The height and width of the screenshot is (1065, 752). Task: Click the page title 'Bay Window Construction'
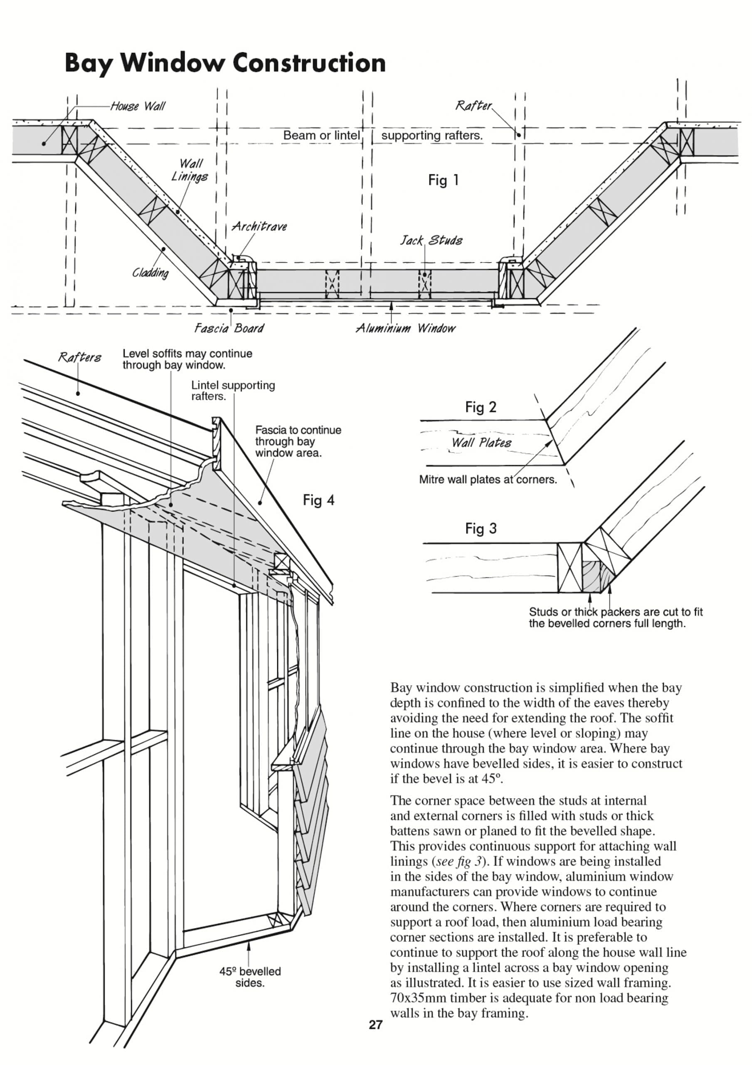(225, 63)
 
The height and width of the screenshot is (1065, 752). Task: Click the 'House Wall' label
(138, 106)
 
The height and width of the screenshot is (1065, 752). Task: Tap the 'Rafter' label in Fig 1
(473, 106)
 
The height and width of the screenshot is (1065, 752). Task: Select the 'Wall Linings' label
(190, 170)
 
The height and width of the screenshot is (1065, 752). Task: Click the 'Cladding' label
(150, 272)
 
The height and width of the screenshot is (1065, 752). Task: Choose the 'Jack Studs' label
(431, 240)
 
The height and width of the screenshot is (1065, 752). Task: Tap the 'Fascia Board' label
(229, 328)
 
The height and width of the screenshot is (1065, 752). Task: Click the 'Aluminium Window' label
(406, 328)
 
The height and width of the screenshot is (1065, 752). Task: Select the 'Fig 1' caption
(443, 180)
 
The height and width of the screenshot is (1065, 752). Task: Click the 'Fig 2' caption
(481, 407)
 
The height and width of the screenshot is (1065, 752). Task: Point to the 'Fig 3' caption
(481, 528)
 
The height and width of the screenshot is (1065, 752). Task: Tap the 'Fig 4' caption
(318, 500)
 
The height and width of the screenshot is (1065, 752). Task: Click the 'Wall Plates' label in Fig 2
(481, 443)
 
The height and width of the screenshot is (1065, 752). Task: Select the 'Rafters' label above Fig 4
(80, 357)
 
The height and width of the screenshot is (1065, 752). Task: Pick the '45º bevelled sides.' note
(250, 977)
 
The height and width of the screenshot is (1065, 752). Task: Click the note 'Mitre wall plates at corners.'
(488, 480)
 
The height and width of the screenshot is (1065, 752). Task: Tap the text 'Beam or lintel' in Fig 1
(321, 136)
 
